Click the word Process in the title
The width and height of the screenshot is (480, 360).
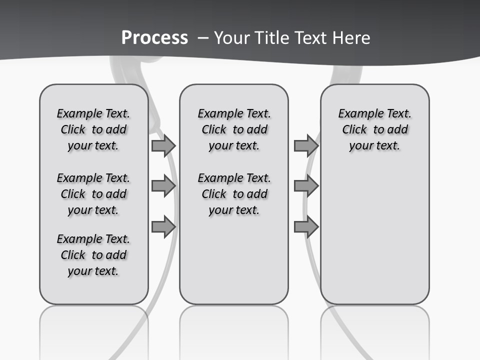(x=154, y=37)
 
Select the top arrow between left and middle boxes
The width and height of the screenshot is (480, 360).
(x=163, y=145)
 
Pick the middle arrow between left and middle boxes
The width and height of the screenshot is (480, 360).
(x=163, y=186)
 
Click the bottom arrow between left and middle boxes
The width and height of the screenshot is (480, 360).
(x=163, y=226)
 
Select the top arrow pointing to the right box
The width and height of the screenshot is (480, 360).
(x=306, y=145)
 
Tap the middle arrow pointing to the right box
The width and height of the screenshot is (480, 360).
(x=306, y=186)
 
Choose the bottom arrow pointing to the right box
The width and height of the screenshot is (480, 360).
(x=306, y=226)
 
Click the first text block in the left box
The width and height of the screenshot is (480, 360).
(x=93, y=129)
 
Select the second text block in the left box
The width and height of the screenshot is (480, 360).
(x=93, y=194)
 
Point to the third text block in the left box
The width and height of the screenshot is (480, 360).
(x=93, y=255)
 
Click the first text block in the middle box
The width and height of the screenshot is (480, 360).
(x=234, y=129)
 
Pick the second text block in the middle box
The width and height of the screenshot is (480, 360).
(x=234, y=194)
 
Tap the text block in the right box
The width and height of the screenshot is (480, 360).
(x=374, y=129)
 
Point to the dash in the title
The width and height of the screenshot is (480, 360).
(x=203, y=38)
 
